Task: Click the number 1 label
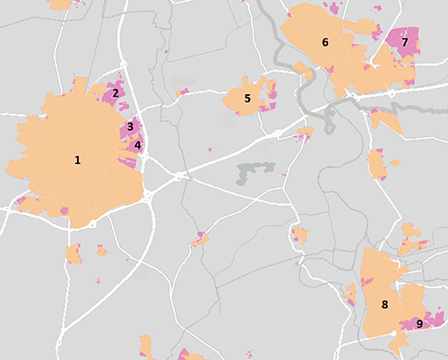point(78,160)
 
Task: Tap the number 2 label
point(116,92)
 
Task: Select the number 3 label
point(130,126)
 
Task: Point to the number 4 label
point(138,144)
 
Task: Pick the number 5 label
point(246,99)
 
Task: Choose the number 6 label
point(325,42)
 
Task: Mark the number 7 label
point(405,42)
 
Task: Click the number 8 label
point(384,305)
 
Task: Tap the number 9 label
point(419,323)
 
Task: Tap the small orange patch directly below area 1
point(73,254)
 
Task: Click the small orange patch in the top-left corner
point(61,4)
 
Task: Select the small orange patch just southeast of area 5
point(305,133)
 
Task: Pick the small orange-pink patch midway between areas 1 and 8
point(201,239)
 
